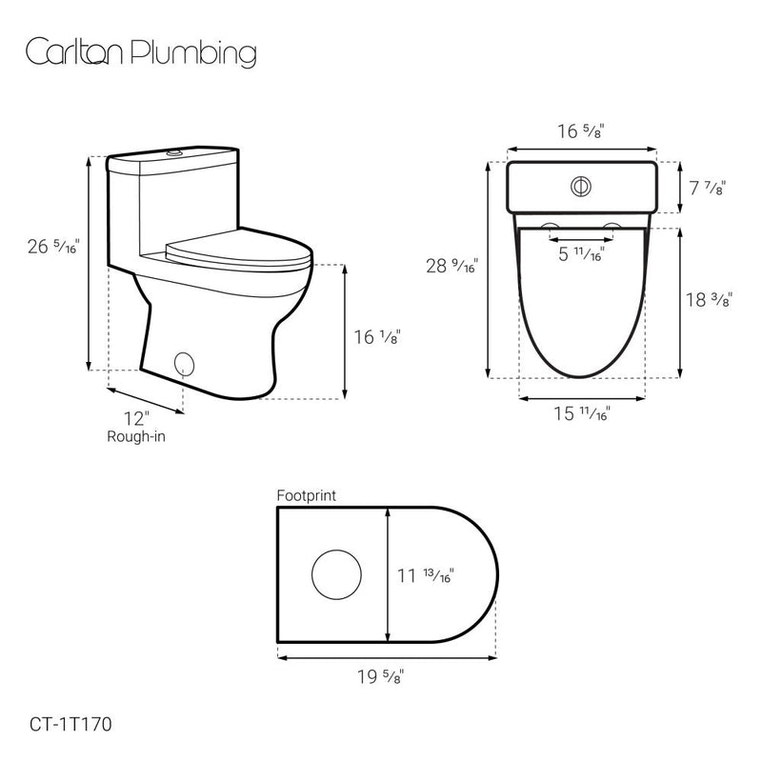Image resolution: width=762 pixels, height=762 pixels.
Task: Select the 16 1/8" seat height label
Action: pos(374,335)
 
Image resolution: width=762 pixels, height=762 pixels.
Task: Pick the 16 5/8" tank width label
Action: pos(581,131)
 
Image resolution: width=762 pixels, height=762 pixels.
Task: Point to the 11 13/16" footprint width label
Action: pos(424,574)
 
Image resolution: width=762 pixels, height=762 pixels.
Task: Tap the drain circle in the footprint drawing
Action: pos(338,574)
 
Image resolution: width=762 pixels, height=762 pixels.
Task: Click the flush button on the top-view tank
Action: pos(581,187)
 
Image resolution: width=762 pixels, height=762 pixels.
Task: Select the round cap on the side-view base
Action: pos(186,363)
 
